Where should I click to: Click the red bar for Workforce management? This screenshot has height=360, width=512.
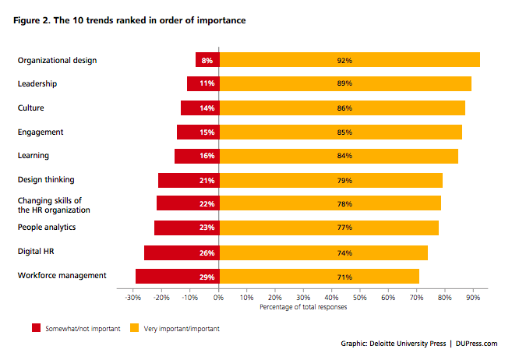(177, 277)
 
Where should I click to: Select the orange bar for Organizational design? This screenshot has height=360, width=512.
(349, 59)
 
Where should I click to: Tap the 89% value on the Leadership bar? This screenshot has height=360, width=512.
(344, 83)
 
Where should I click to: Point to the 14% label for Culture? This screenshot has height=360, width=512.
(207, 108)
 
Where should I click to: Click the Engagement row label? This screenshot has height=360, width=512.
(41, 132)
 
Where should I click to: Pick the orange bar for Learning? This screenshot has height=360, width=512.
(338, 156)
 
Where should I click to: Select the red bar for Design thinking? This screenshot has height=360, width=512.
(189, 180)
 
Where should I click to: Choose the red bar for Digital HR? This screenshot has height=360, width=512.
(182, 252)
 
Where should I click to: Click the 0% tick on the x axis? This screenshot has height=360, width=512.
(219, 297)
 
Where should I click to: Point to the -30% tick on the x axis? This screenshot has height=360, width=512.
(133, 297)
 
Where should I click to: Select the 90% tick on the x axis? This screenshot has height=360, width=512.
(473, 297)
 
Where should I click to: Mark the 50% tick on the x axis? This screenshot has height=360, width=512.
(360, 297)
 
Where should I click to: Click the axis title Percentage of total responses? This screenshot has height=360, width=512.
(304, 306)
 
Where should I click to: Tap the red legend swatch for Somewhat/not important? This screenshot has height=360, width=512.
(36, 328)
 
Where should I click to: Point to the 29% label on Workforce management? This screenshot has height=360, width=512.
(207, 277)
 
